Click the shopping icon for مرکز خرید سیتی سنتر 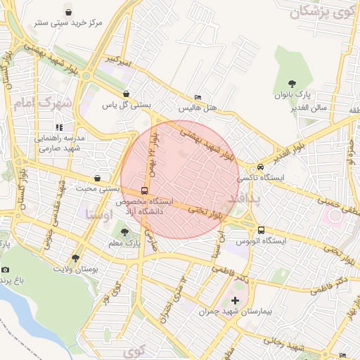tap(68, 11)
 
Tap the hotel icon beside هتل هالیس tap(198, 97)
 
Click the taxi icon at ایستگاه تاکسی tap(261, 167)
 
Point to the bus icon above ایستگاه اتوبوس tap(261, 230)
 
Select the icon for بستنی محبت tap(96, 178)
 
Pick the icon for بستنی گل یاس tap(126, 94)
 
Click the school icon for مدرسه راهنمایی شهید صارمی tap(60, 127)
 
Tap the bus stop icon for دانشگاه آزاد tap(144, 191)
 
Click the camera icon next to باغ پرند tap(6, 269)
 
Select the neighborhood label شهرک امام tap(42, 103)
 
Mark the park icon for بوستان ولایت tap(76, 258)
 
